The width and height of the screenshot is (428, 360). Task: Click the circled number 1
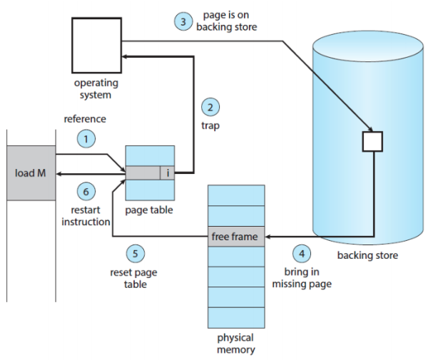87,139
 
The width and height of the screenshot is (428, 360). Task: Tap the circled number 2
210,108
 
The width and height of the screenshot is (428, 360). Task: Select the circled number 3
183,22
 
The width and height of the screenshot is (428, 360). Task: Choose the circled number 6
87,191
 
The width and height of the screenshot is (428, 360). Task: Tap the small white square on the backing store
372,140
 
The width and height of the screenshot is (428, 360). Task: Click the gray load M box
30,173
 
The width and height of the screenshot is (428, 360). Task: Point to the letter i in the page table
167,173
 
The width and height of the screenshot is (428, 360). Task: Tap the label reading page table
149,210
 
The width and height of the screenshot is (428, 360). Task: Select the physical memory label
235,344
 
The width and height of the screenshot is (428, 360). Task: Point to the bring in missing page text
302,279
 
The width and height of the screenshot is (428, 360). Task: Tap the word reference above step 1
85,119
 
